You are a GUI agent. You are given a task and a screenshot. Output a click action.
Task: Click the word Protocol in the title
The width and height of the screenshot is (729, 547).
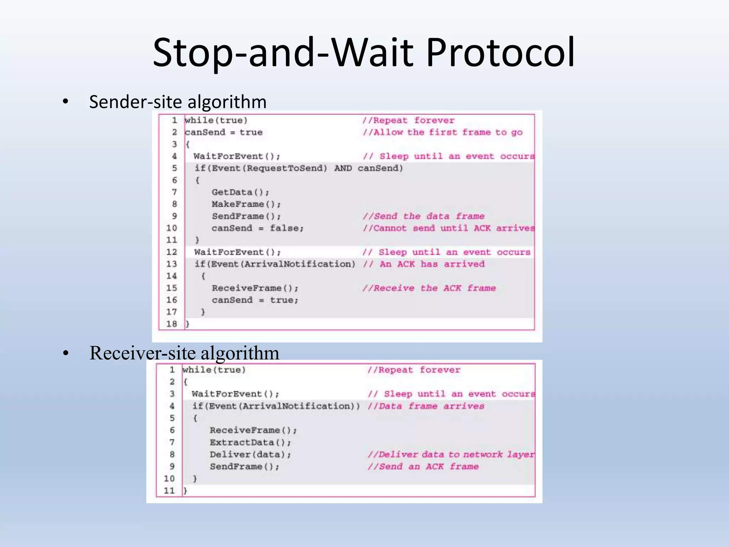500,52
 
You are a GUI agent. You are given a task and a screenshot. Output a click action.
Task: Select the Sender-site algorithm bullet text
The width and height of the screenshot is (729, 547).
178,102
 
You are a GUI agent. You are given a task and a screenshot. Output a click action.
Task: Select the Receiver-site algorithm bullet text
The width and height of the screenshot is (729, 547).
184,353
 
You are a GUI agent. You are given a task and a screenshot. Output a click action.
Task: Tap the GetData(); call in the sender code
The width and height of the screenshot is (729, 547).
241,192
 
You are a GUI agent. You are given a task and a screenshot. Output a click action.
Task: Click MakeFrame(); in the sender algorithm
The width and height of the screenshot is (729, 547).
246,204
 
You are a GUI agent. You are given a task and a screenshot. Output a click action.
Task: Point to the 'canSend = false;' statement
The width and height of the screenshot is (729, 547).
258,228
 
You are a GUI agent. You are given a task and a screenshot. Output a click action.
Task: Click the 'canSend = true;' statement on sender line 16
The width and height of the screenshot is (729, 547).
255,300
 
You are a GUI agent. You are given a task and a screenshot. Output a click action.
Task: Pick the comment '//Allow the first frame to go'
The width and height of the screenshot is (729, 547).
443,132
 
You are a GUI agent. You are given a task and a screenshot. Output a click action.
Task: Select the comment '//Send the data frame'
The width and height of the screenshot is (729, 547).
424,216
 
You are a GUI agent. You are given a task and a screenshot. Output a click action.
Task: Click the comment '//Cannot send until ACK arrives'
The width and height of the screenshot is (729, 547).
449,228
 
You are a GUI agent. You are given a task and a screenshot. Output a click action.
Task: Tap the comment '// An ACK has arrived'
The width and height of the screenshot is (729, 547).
424,264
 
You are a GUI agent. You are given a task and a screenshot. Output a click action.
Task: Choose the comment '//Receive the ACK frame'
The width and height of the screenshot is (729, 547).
429,288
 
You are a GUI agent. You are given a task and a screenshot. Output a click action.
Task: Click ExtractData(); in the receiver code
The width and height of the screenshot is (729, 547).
250,443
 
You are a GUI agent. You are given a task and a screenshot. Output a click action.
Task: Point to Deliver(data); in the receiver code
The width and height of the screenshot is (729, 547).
250,455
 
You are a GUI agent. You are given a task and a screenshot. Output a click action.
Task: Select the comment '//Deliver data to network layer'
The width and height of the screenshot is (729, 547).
451,455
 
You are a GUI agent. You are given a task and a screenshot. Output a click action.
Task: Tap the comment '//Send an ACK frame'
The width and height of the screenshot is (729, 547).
423,467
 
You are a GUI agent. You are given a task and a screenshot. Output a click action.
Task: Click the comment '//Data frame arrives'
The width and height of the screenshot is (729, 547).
426,406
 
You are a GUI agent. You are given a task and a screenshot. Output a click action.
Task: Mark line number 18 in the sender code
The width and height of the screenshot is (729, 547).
172,324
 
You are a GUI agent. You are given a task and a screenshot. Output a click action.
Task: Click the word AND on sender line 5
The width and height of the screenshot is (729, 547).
343,168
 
